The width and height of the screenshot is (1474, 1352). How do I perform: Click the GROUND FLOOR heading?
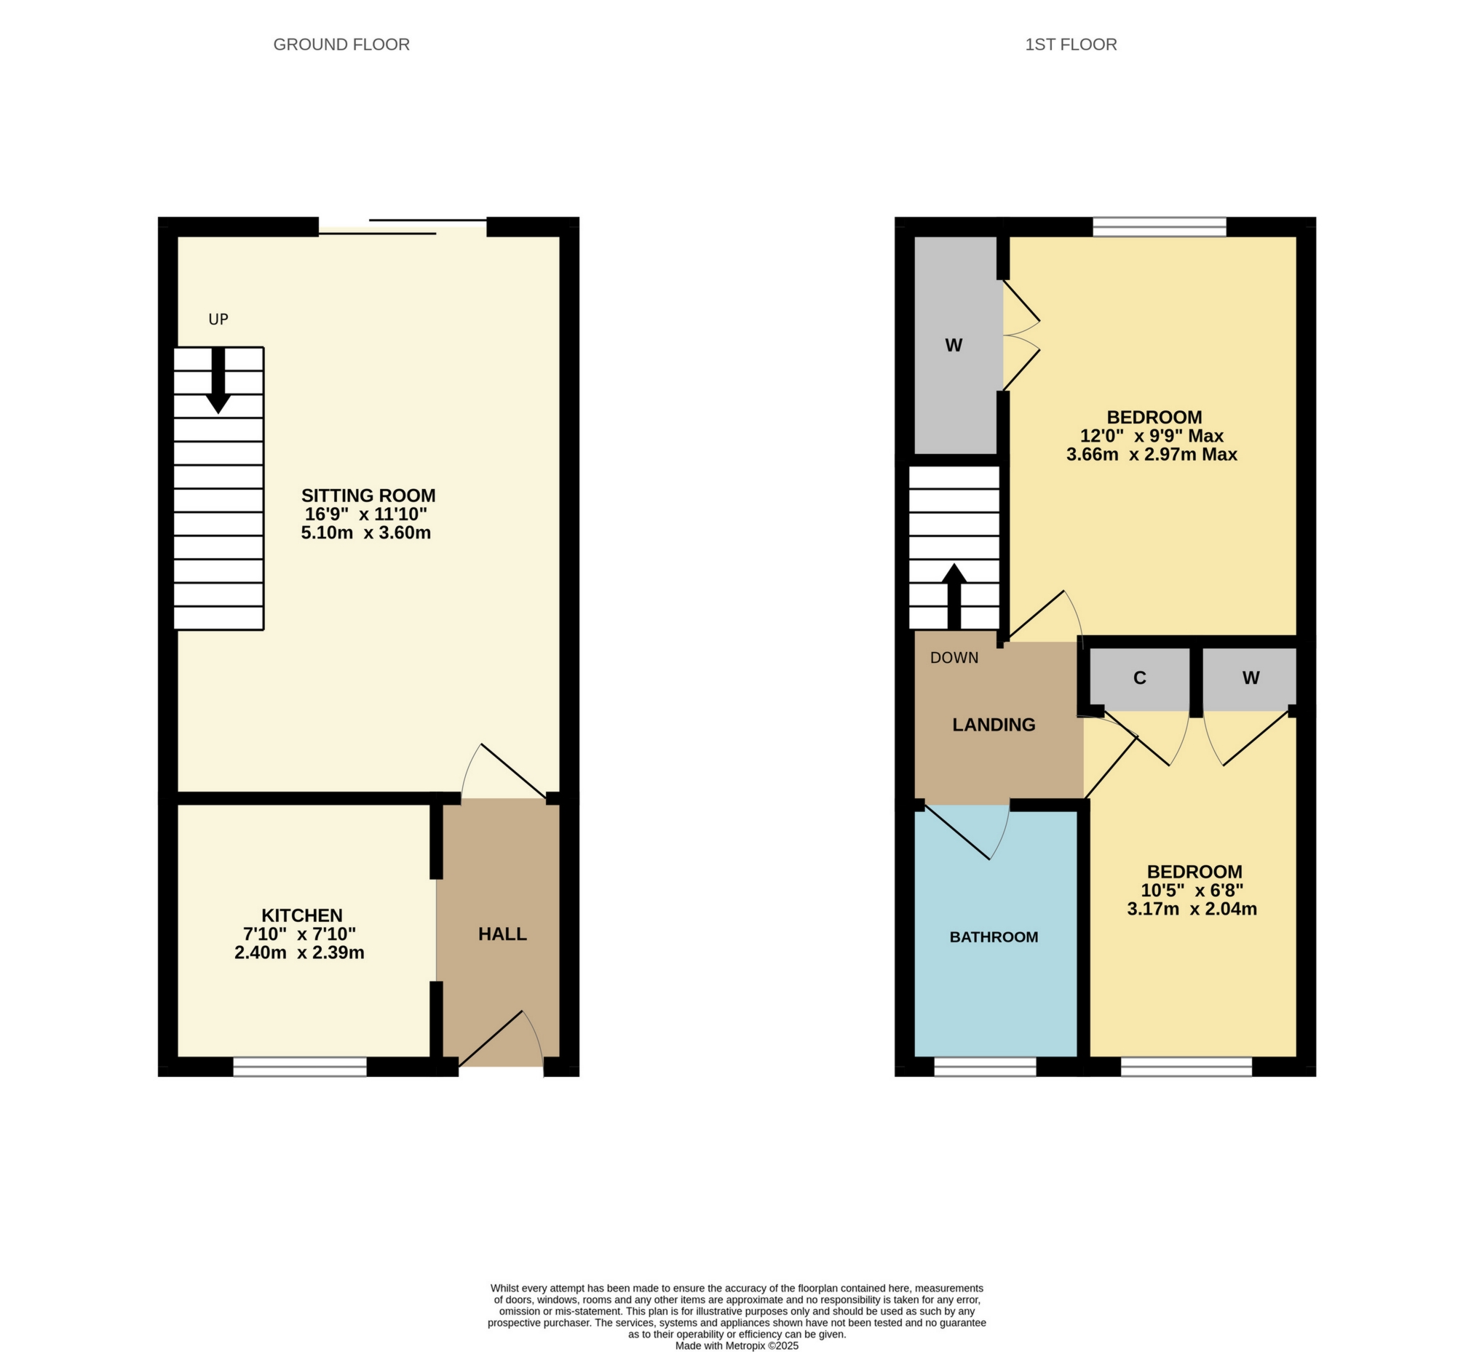[x=341, y=44]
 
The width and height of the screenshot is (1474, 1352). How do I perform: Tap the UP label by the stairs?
[x=218, y=319]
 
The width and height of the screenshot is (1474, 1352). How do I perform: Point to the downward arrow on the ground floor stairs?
[x=218, y=383]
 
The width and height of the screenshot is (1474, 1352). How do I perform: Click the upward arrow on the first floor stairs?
[x=954, y=596]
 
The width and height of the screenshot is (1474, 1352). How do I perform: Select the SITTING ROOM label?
[x=368, y=496]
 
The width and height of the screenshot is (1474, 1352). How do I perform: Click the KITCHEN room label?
[x=301, y=915]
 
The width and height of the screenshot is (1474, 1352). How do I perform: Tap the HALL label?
[x=502, y=934]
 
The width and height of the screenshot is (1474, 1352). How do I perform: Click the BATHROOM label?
[x=993, y=937]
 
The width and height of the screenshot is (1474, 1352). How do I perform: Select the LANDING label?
[x=993, y=725]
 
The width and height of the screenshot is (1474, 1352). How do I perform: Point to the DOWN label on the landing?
[x=954, y=658]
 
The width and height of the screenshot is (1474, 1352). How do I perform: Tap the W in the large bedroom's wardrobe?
[x=953, y=346]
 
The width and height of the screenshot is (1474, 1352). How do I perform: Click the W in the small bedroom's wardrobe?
[x=1250, y=678]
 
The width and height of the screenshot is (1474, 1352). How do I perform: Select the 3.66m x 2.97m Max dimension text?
[x=1152, y=454]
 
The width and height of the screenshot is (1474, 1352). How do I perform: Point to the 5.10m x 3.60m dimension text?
[x=365, y=533]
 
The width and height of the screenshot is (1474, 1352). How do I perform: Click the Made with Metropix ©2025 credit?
[x=736, y=1345]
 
